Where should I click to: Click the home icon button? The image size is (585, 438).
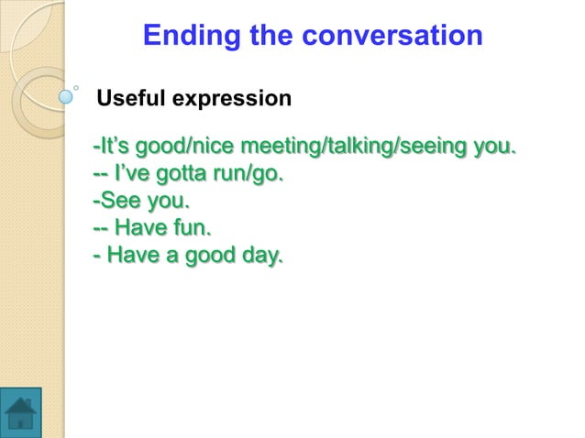coord(20,412)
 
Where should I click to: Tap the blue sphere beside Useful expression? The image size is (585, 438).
coord(66,93)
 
